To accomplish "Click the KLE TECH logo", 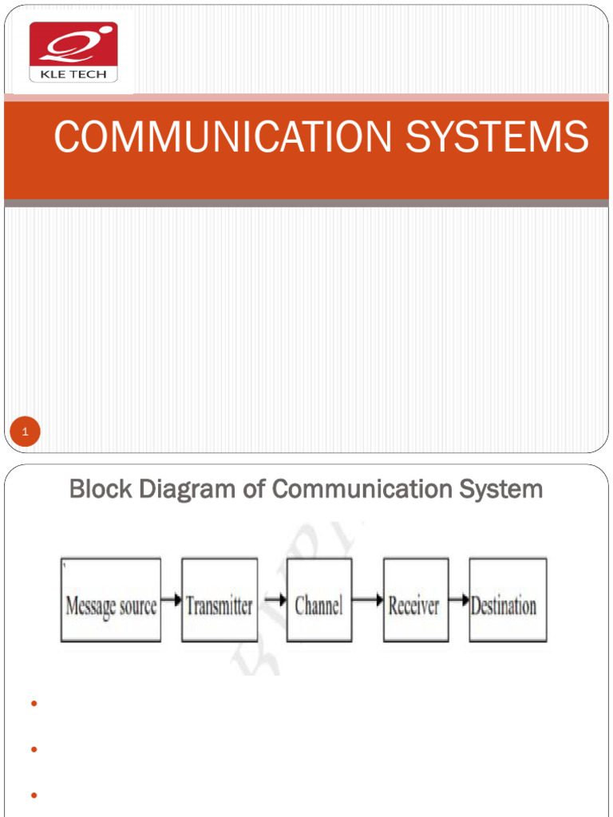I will pyautogui.click(x=73, y=52).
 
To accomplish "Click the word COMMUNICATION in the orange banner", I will pyautogui.click(x=223, y=137).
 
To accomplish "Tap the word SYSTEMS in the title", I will pyautogui.click(x=496, y=137).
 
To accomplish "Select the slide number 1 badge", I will pyautogui.click(x=26, y=433).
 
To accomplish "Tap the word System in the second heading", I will pyautogui.click(x=497, y=488).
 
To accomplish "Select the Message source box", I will pyautogui.click(x=110, y=600).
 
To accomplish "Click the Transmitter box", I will pyautogui.click(x=219, y=600).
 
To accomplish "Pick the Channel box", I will pyautogui.click(x=318, y=600).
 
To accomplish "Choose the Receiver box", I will pyautogui.click(x=414, y=600).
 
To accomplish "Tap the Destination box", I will pyautogui.click(x=508, y=600).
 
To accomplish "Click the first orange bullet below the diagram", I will pyautogui.click(x=34, y=704).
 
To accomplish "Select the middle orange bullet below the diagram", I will pyautogui.click(x=34, y=750).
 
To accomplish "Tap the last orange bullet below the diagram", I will pyautogui.click(x=34, y=795).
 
